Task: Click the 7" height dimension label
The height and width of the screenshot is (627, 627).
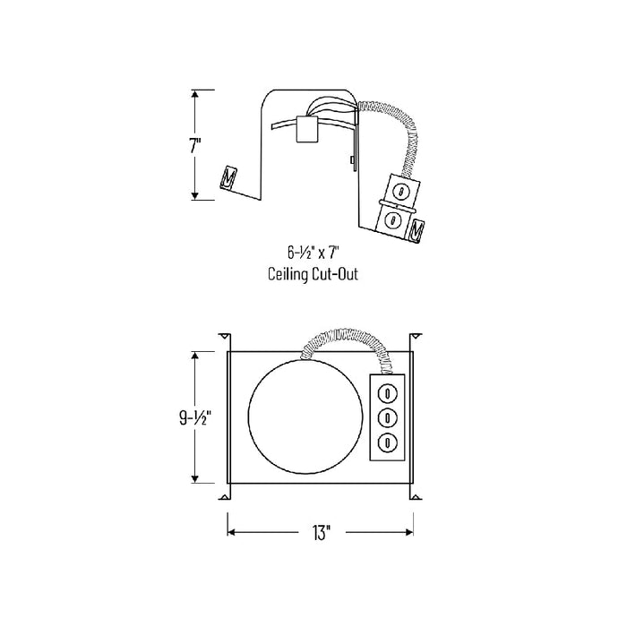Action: tap(195, 145)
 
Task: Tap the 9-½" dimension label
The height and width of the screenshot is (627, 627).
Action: tap(195, 418)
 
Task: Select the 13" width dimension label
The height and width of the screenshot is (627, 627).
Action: tap(322, 532)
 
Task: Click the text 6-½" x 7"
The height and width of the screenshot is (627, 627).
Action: tap(313, 253)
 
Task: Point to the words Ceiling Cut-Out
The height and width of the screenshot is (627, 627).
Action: tap(313, 274)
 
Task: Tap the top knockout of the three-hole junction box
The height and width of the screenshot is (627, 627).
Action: tap(388, 393)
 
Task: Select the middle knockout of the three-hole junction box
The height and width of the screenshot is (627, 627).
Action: tap(388, 418)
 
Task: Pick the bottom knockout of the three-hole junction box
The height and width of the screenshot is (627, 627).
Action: tap(388, 442)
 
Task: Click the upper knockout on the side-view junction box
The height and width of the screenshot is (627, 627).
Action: tap(399, 191)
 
